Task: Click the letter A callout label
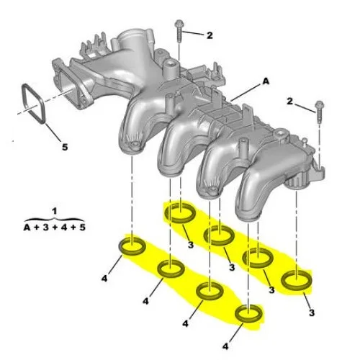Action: click(x=265, y=83)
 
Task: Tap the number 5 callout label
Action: click(x=64, y=148)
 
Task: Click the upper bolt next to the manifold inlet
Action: click(x=177, y=33)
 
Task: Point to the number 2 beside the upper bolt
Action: click(x=209, y=35)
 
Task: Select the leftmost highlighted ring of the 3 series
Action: click(x=179, y=213)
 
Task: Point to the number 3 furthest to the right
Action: click(x=311, y=312)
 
